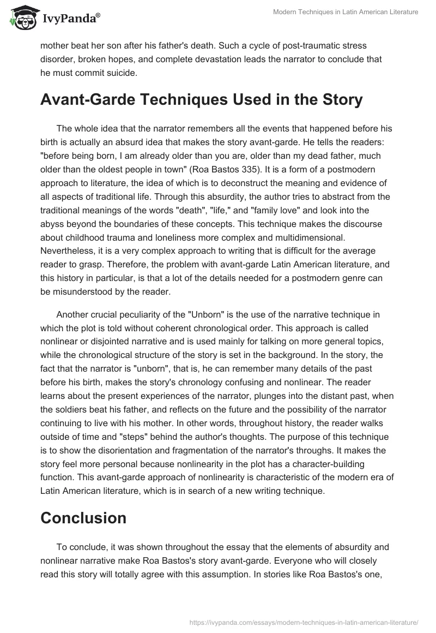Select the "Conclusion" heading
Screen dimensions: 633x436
tap(83, 517)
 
